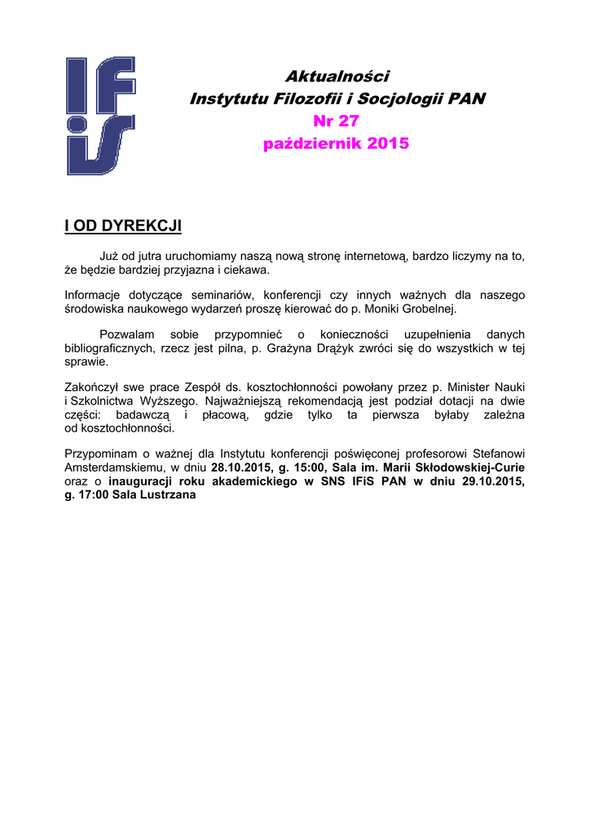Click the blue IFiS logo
pos(101,115)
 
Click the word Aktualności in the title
pos(337,77)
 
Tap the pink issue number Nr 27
pos(336,121)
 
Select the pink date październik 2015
pos(336,144)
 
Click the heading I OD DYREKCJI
pos(122,226)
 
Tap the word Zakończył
pos(91,388)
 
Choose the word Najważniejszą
pos(241,402)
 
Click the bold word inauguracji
pos(139,481)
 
